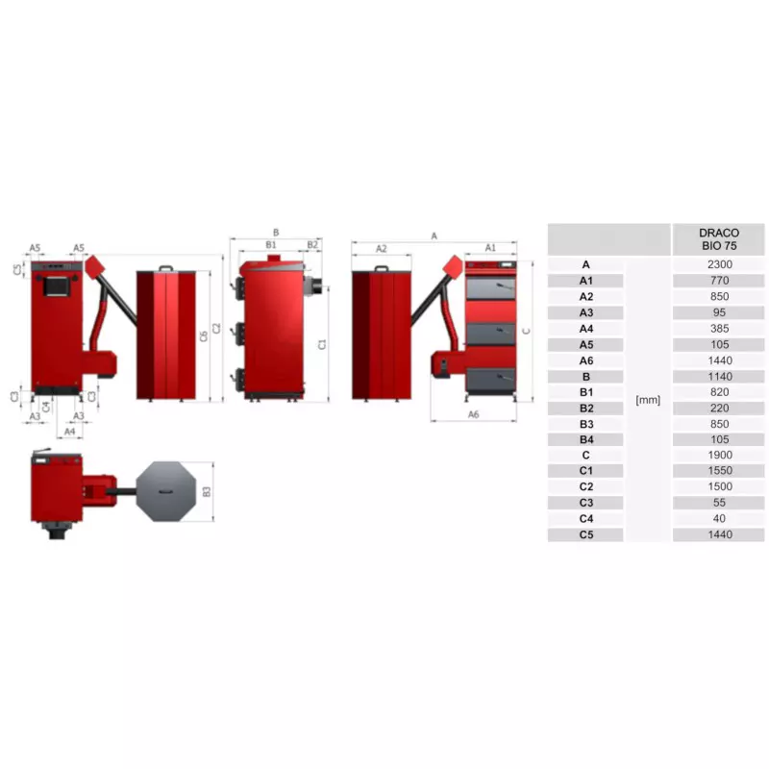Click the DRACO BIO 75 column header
719,239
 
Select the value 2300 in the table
719,264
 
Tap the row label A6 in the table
586,360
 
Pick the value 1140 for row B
719,377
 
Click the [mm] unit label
647,400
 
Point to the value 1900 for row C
719,455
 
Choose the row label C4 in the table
586,518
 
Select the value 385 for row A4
719,329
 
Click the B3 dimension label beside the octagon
206,491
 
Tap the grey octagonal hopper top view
165,491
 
